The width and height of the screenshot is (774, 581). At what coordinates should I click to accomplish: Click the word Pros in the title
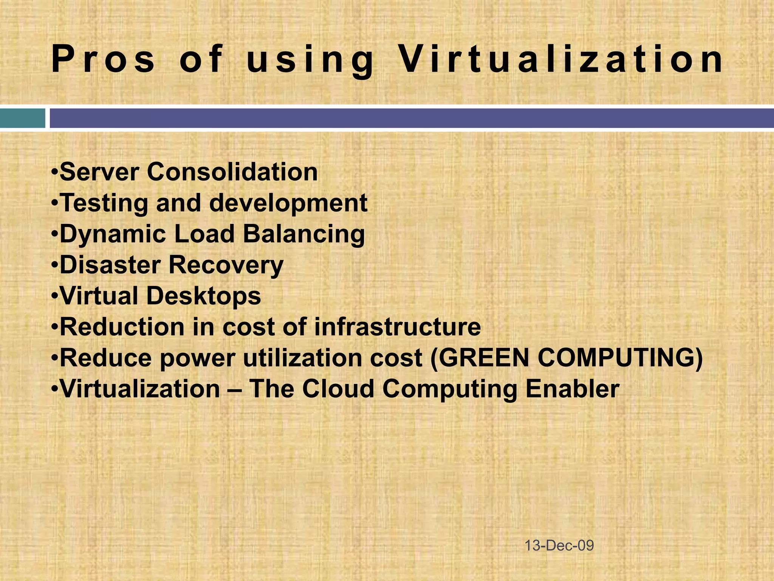pyautogui.click(x=103, y=59)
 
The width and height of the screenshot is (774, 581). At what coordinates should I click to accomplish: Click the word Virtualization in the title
pyautogui.click(x=561, y=59)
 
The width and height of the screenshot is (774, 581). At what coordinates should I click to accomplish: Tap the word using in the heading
pyautogui.click(x=310, y=61)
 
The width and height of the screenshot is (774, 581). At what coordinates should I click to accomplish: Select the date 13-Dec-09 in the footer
pyautogui.click(x=559, y=545)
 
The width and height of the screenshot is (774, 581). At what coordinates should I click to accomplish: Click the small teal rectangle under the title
pyautogui.click(x=22, y=118)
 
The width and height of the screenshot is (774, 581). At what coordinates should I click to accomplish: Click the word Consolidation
pyautogui.click(x=232, y=172)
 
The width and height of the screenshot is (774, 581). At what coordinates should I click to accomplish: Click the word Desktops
pyautogui.click(x=203, y=296)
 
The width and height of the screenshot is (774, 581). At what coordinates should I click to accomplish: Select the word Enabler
pyautogui.click(x=572, y=389)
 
